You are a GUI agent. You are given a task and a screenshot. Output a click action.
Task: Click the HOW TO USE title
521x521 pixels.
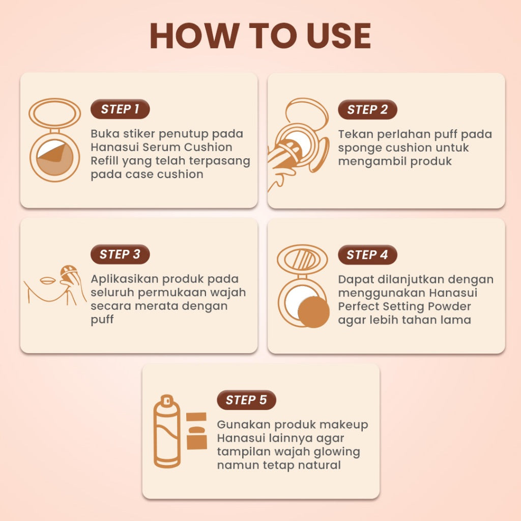[260, 36]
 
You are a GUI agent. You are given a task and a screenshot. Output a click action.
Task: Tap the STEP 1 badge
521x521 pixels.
[120, 109]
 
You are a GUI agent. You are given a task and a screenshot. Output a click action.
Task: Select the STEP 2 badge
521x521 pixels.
[367, 110]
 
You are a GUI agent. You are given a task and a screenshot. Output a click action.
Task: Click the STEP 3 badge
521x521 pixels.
[120, 254]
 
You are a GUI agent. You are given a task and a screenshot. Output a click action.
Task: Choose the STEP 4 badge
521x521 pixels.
[367, 255]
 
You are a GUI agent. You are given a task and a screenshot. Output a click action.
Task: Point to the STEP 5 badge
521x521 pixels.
[246, 400]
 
